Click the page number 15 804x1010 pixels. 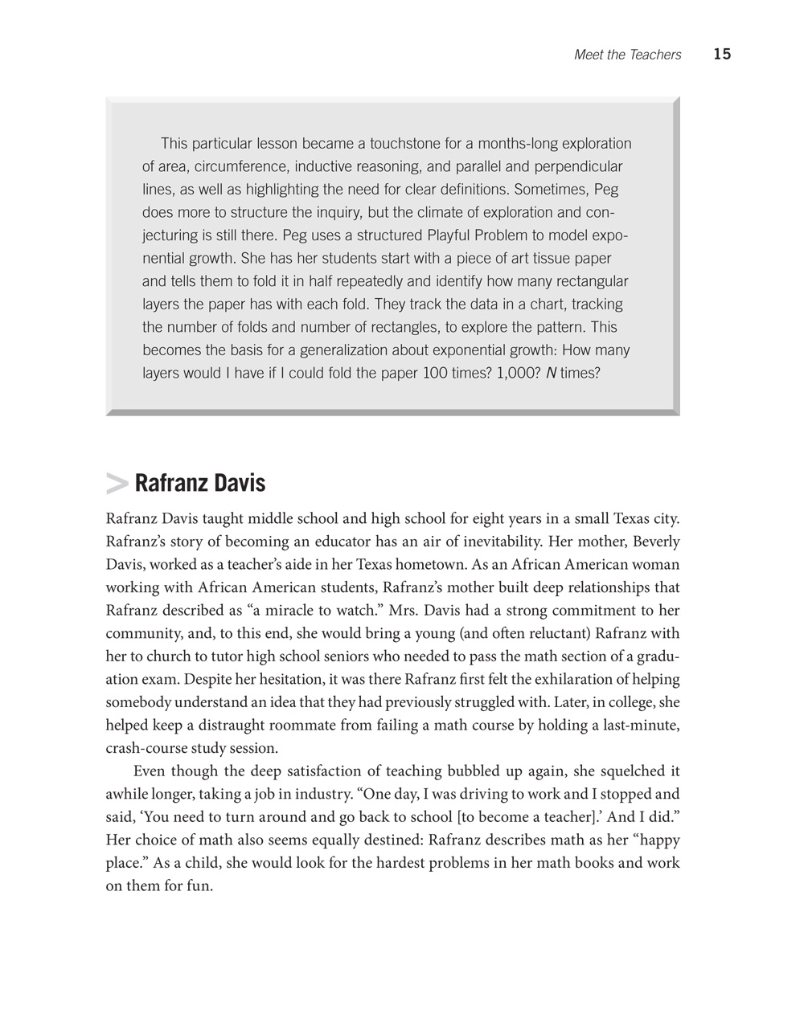click(x=721, y=55)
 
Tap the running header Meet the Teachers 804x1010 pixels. click(x=627, y=55)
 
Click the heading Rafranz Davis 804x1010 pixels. click(x=199, y=484)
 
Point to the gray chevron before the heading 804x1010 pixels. click(x=117, y=484)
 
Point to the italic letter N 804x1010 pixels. click(x=551, y=374)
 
